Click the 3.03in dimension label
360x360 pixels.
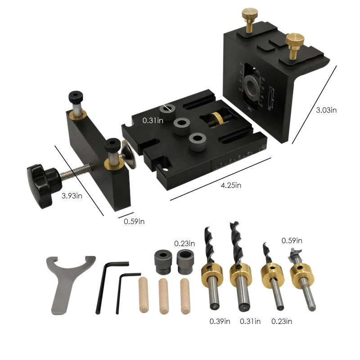pyautogui.click(x=326, y=110)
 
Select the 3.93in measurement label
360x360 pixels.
pyautogui.click(x=72, y=195)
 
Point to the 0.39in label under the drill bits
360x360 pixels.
pyautogui.click(x=220, y=321)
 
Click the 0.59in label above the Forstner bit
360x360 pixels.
pyautogui.click(x=292, y=241)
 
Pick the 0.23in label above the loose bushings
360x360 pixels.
pyautogui.click(x=184, y=243)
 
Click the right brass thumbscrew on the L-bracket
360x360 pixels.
pyautogui.click(x=294, y=44)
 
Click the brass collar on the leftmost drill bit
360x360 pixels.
pyautogui.click(x=212, y=276)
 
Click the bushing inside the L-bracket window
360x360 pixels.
pyautogui.click(x=252, y=85)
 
